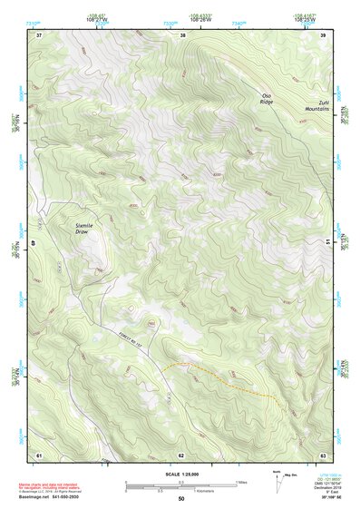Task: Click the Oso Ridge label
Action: coord(267,99)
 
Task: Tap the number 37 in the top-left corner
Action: coord(39,35)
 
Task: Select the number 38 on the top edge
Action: coord(182,35)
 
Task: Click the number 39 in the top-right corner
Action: coord(322,35)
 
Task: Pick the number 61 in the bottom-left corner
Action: coord(39,454)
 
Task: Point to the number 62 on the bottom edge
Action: coord(181,454)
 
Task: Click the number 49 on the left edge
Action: coord(34,243)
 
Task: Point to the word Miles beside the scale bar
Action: coord(242,482)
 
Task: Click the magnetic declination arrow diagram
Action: coord(277,478)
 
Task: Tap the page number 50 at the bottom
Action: coord(180,499)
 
